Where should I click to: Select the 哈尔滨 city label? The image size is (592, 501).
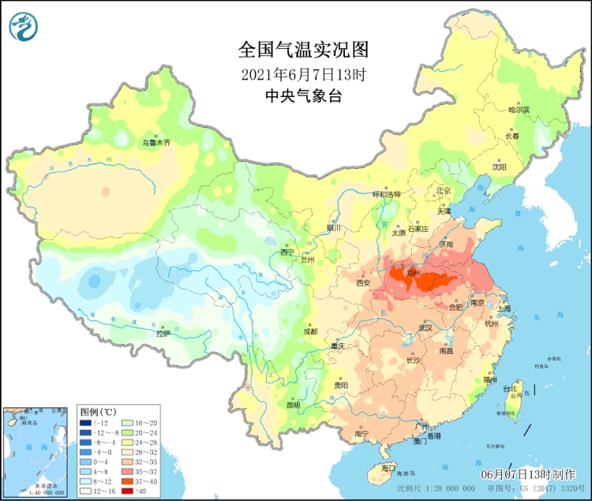pos(519,109)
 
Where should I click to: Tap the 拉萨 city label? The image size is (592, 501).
pos(163,334)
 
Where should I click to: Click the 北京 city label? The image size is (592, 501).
pos(443,190)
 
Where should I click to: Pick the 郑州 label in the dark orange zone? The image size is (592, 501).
pos(413,274)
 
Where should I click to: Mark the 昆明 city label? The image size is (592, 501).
pos(293,406)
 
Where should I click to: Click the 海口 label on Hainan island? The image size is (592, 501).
pos(387,468)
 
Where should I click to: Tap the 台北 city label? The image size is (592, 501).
pos(511,388)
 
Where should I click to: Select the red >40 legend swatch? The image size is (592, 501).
pos(129,491)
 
